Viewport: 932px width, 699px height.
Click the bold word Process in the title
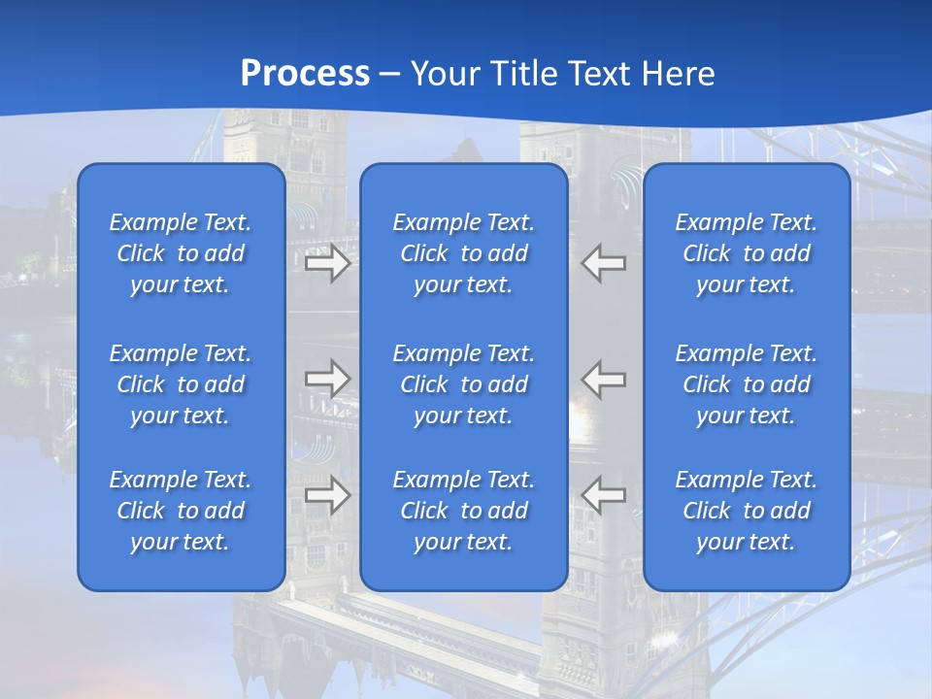(x=305, y=74)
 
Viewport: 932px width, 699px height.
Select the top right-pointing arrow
(x=327, y=264)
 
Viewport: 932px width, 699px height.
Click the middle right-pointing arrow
(x=327, y=379)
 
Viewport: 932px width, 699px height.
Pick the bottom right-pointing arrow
(x=327, y=495)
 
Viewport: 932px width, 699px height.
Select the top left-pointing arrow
(x=604, y=264)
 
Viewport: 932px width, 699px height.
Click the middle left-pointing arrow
(x=604, y=379)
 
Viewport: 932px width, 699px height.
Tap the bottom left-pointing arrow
(x=604, y=495)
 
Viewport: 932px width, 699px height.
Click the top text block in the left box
(x=181, y=253)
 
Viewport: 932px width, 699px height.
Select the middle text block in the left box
(x=181, y=384)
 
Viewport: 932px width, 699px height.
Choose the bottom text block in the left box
(x=181, y=511)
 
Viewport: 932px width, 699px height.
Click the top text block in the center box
(x=464, y=253)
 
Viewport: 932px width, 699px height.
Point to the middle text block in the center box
(x=464, y=384)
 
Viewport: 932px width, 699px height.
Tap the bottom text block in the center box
(x=464, y=511)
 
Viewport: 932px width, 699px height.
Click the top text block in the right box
(x=747, y=253)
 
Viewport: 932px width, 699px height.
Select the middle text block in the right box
(x=747, y=384)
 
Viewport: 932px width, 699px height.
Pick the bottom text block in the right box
(x=747, y=511)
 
